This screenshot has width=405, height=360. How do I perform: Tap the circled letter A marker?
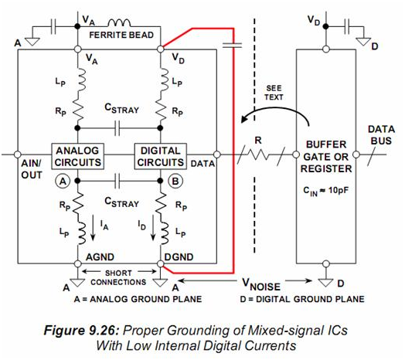click(63, 182)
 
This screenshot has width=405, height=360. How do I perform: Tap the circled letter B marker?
click(175, 182)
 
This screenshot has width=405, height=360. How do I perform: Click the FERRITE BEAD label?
click(121, 35)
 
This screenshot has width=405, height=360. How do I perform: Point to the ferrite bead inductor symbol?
click(119, 23)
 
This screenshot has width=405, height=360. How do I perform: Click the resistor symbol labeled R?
click(258, 155)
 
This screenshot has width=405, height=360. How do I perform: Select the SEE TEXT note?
click(274, 93)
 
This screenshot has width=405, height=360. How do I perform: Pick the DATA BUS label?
click(381, 134)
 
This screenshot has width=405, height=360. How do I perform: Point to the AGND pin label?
click(100, 257)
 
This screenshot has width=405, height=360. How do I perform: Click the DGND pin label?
click(179, 257)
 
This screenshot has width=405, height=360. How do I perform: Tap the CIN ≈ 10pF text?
click(325, 191)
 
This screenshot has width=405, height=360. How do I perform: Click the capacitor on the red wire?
click(232, 46)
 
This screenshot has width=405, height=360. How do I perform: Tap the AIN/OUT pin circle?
click(17, 155)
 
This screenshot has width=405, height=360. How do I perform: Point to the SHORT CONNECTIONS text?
click(118, 277)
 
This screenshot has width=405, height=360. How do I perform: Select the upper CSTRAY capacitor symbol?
click(117, 127)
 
